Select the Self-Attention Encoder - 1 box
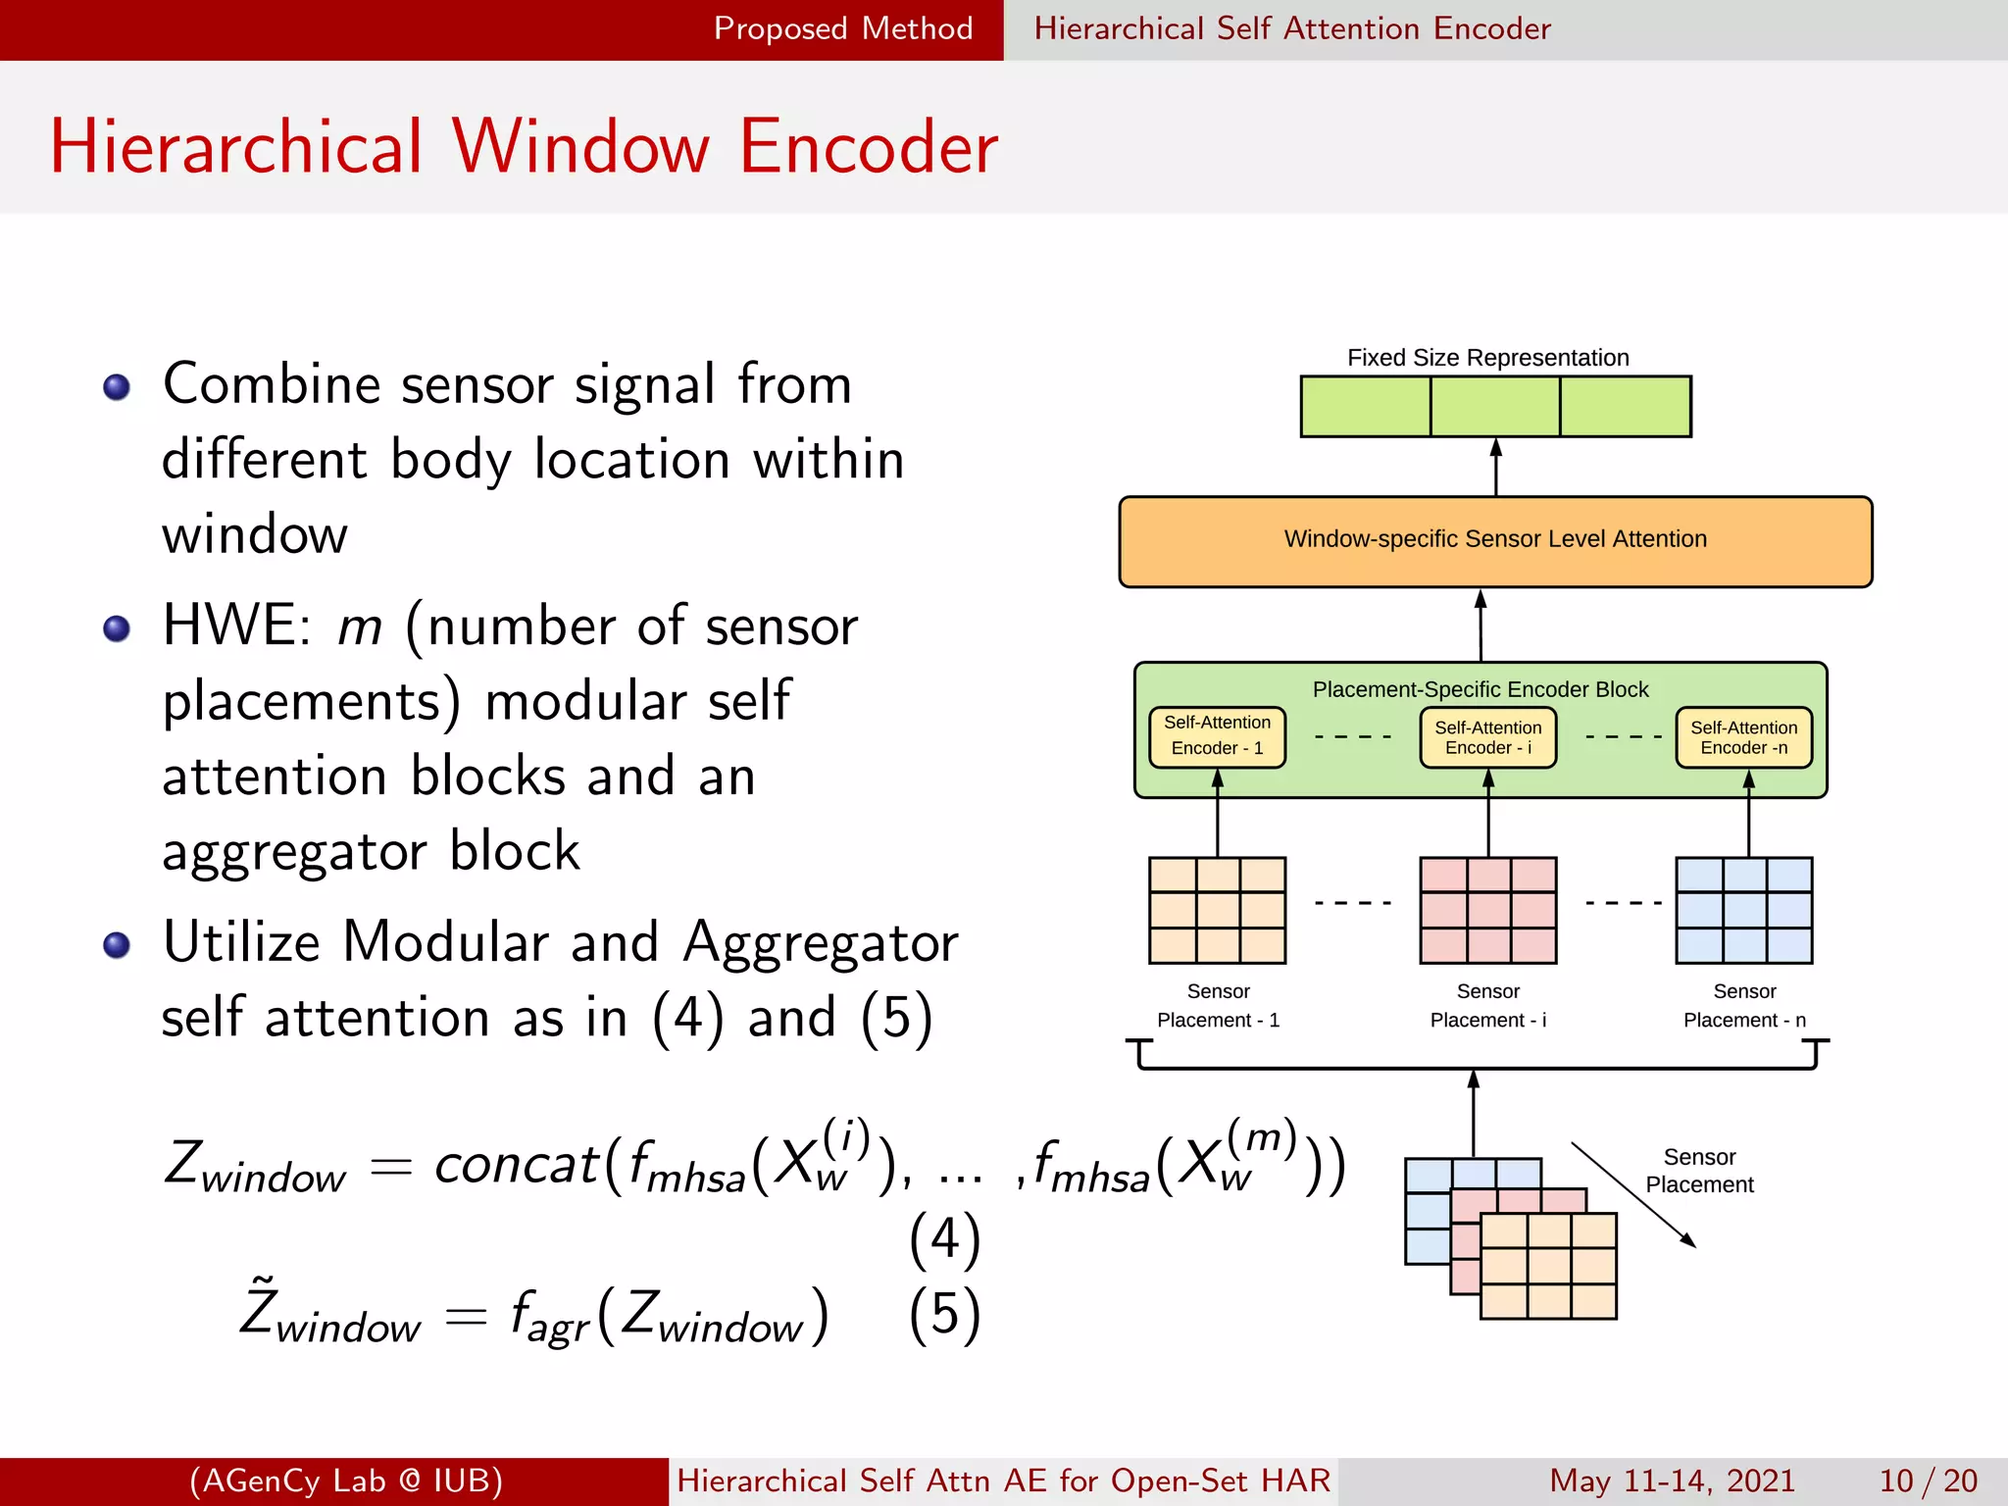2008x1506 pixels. [x=1217, y=736]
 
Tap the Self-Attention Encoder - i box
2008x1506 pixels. [x=1487, y=737]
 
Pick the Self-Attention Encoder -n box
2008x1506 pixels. [x=1743, y=737]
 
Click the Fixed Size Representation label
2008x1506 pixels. [x=1487, y=358]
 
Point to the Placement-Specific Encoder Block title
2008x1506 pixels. [x=1480, y=689]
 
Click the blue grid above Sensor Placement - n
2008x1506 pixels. [x=1743, y=911]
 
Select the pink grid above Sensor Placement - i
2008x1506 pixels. [x=1487, y=911]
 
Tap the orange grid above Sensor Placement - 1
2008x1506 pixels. [x=1217, y=911]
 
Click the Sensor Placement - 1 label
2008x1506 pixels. [x=1218, y=1006]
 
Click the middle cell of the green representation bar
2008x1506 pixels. [x=1495, y=406]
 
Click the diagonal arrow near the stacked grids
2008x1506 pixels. [x=1632, y=1194]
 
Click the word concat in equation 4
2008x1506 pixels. [x=516, y=1166]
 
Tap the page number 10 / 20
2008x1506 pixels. [x=1928, y=1481]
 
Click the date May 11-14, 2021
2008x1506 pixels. [x=1672, y=1481]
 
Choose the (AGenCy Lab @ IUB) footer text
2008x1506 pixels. [x=345, y=1481]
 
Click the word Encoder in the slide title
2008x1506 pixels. [x=868, y=147]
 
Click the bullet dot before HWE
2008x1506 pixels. [x=117, y=628]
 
